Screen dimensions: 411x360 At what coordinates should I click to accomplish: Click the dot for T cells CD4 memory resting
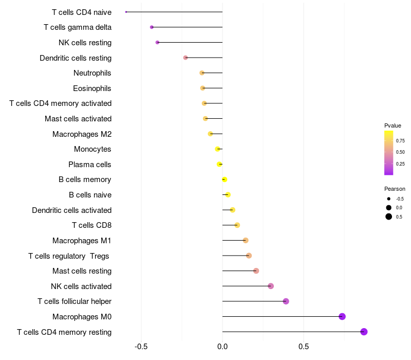pyautogui.click(x=364, y=332)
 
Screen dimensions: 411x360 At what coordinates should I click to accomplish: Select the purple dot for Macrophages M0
pyautogui.click(x=342, y=316)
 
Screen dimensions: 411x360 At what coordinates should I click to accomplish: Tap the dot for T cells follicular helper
pyautogui.click(x=286, y=301)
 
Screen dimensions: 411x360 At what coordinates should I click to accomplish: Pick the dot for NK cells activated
pyautogui.click(x=271, y=286)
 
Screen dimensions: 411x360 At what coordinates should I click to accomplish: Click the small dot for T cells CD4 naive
pyautogui.click(x=126, y=12)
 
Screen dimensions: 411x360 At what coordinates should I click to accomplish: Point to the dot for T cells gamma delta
pyautogui.click(x=152, y=27)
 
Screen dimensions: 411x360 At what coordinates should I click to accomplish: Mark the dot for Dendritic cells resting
pyautogui.click(x=185, y=58)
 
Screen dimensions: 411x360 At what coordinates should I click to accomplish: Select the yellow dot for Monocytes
pyautogui.click(x=217, y=149)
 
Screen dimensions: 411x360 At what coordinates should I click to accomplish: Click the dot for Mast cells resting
pyautogui.click(x=256, y=271)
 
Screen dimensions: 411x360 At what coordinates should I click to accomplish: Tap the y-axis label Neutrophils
pyautogui.click(x=92, y=73)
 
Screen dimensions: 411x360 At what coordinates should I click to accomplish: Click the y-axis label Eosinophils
pyautogui.click(x=92, y=88)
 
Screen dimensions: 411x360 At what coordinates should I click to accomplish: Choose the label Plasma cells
pyautogui.click(x=89, y=165)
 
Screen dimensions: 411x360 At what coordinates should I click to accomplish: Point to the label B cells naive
pyautogui.click(x=90, y=195)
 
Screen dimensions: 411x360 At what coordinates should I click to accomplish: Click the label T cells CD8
pyautogui.click(x=92, y=225)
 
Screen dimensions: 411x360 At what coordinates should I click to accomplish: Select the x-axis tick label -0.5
pyautogui.click(x=141, y=347)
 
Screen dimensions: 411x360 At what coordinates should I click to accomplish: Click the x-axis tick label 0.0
pyautogui.click(x=222, y=347)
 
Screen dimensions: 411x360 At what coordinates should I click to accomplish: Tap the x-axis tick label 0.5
pyautogui.click(x=304, y=347)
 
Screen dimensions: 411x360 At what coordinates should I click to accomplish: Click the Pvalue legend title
pyautogui.click(x=393, y=125)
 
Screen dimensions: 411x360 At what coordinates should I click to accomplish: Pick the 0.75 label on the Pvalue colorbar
pyautogui.click(x=400, y=141)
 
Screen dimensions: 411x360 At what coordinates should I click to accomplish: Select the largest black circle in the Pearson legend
pyautogui.click(x=389, y=217)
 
